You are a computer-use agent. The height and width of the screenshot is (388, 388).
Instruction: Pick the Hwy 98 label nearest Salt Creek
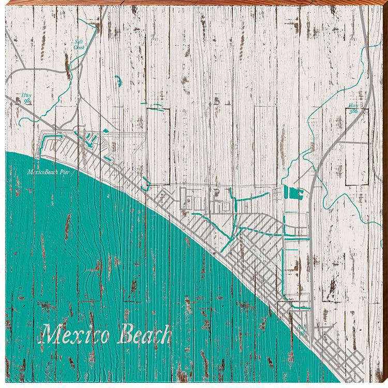[x=27, y=98]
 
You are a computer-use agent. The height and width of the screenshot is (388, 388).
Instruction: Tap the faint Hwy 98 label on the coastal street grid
[x=302, y=330]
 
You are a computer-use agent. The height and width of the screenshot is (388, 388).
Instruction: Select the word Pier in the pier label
[x=65, y=173]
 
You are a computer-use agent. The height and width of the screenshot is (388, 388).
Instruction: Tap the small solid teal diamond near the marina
[x=105, y=131]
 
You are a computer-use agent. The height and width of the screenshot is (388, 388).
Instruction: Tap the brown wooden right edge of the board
[x=385, y=207]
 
